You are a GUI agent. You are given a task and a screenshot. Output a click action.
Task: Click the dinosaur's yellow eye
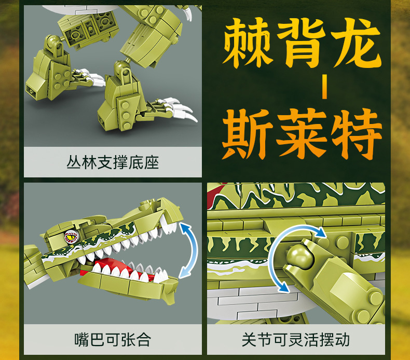[x=72, y=237]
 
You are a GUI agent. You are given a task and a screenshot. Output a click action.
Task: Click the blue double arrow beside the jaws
[x=189, y=251]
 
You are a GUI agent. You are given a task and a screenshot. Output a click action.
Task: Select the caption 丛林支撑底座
[x=113, y=162]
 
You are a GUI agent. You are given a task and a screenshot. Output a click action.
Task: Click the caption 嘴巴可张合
[x=113, y=340]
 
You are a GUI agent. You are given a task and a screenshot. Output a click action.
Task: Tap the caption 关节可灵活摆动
[x=296, y=340]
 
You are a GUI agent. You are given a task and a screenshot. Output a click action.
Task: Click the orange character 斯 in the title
[x=247, y=133]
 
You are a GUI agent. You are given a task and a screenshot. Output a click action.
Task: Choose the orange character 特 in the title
[x=356, y=133]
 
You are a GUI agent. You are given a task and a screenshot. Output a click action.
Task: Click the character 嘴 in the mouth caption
[x=82, y=340]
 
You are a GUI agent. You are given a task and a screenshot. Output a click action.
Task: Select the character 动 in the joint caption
[x=342, y=340]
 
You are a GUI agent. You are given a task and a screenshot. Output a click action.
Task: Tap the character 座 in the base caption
[x=152, y=162]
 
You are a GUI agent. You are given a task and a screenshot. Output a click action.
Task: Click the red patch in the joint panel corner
[x=215, y=195]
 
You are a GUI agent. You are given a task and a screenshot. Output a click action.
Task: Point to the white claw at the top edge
[x=188, y=13]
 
